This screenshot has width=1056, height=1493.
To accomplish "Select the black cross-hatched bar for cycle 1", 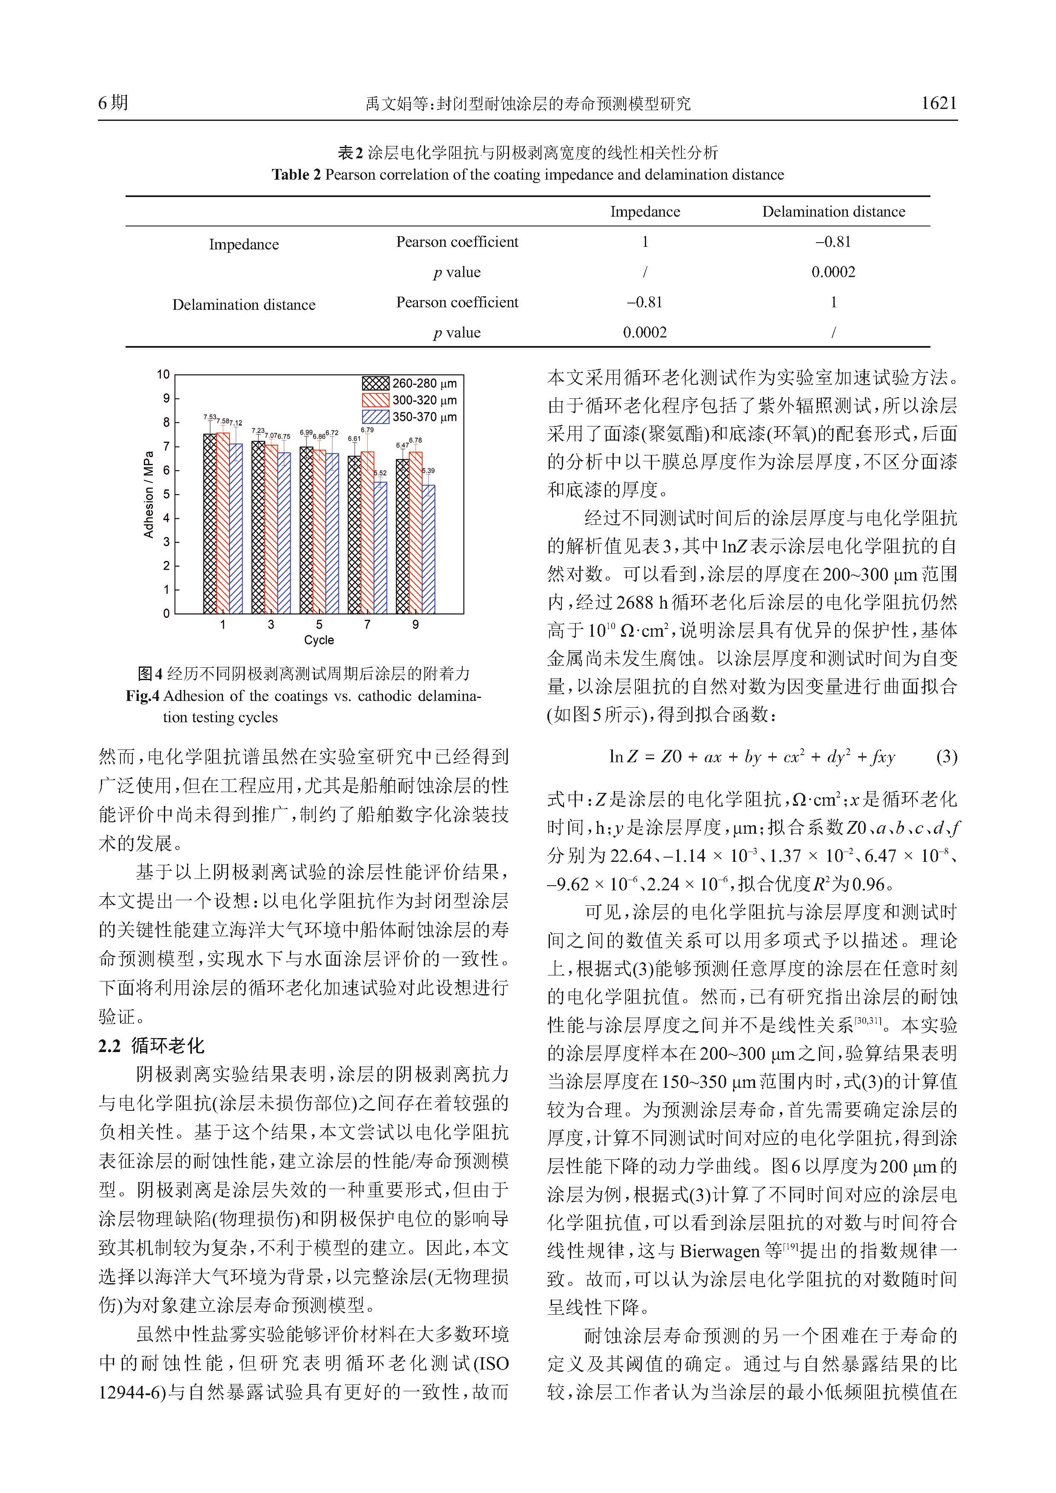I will tap(210, 523).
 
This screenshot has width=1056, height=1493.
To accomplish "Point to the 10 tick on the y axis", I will tap(163, 375).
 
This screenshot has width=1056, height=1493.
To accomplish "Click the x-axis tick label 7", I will tap(367, 624).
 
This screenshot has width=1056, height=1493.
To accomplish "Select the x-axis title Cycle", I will tap(319, 640).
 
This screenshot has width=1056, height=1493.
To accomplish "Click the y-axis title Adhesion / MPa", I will tap(148, 494).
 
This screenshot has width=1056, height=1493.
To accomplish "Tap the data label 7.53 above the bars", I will tap(209, 417).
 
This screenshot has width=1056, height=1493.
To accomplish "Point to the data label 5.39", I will tap(429, 471).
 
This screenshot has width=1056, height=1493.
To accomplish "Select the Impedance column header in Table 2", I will tap(644, 212).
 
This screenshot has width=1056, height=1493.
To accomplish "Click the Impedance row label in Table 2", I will tap(244, 244).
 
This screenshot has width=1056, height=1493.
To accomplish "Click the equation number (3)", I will tap(946, 756).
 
